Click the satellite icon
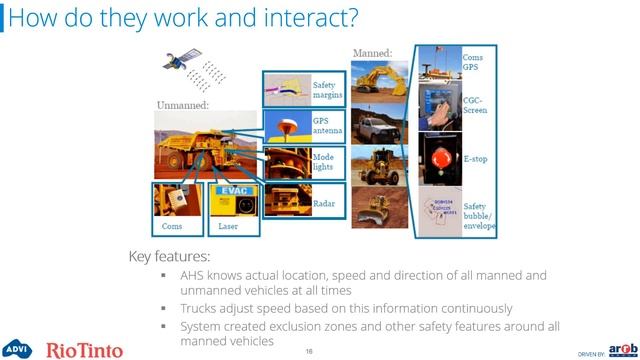179,64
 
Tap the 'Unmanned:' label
181,104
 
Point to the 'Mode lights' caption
326,162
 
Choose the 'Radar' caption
323,203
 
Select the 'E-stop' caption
478,159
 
